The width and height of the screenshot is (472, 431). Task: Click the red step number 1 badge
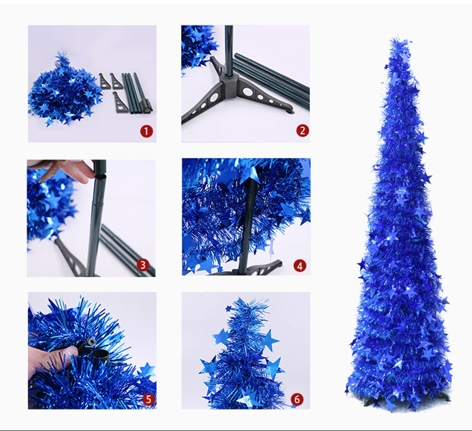[x=147, y=131]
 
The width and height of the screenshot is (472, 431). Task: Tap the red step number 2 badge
[x=303, y=131]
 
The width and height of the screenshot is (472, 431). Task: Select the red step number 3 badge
[x=143, y=265]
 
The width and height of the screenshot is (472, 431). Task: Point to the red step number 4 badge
[x=300, y=266]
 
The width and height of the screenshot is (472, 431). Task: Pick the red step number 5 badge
[x=149, y=399]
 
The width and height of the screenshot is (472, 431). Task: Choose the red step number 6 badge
[x=297, y=399]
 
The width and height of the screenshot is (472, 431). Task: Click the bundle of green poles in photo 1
[x=136, y=93]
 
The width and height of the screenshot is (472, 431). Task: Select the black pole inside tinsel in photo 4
[x=249, y=223]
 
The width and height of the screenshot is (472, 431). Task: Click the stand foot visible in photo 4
[x=265, y=268]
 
